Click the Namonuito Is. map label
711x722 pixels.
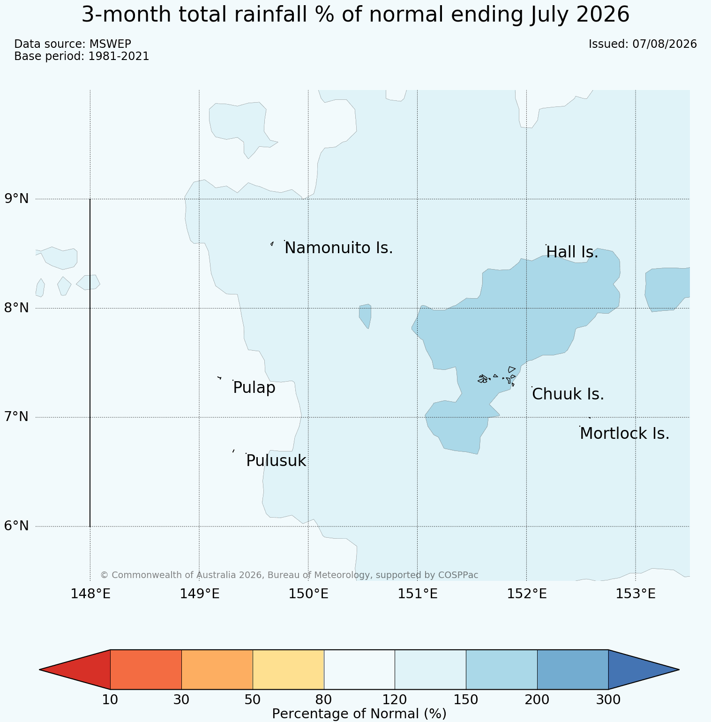339,248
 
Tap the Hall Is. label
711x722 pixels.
572,252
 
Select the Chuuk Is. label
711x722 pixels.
568,394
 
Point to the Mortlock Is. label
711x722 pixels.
624,434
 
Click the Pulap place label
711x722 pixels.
254,388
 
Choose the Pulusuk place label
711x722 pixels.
276,461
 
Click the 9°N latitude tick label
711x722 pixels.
17,199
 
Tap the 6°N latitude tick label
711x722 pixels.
17,526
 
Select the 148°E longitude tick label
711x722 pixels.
90,594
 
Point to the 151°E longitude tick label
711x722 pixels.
418,594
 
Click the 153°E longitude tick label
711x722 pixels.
636,594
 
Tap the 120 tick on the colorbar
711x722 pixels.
395,700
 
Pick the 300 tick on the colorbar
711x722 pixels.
608,700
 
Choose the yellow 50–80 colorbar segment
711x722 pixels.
288,669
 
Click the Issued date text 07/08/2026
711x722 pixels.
665,44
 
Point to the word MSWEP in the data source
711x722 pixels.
110,44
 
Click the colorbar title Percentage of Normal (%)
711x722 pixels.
359,714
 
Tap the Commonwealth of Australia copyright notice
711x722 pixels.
289,575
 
